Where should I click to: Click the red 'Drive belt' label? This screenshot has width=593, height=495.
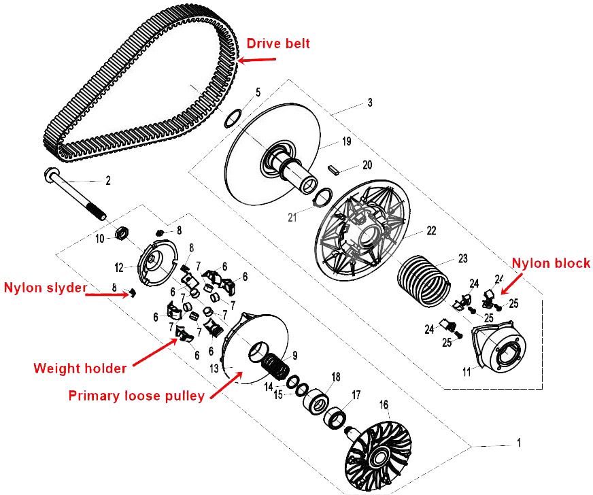tap(278, 43)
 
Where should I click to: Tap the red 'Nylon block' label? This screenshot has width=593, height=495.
tap(551, 263)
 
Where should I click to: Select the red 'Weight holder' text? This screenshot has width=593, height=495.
tap(80, 368)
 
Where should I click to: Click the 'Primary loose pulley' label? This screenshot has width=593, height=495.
tap(136, 396)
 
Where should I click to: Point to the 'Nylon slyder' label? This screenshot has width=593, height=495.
tap(46, 288)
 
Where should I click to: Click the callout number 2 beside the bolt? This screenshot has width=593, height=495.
tap(108, 181)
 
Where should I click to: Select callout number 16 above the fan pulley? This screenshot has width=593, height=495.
tap(384, 405)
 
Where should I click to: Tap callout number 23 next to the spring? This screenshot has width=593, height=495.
tap(463, 258)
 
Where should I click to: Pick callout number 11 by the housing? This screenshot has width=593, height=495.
tap(467, 372)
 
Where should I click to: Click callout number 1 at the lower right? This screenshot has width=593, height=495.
tap(519, 442)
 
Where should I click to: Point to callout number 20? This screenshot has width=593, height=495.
tap(367, 165)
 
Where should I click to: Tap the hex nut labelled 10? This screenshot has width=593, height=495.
tap(122, 233)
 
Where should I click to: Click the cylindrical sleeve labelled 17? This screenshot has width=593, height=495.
tap(335, 417)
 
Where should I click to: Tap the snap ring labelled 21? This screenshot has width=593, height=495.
tap(323, 198)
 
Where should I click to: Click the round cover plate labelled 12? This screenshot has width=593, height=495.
tap(157, 262)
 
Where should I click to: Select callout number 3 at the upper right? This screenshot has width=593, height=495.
tap(370, 102)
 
